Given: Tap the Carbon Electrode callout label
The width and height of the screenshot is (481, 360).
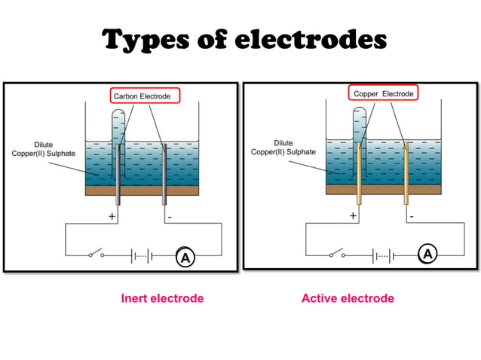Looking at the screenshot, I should (146, 96).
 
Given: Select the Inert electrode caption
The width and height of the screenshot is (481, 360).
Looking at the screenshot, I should (162, 299).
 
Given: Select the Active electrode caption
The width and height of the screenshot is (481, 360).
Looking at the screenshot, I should (348, 299).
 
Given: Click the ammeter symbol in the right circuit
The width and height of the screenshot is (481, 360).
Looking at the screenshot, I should (427, 255).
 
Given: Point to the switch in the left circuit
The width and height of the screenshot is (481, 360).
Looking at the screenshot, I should (97, 254).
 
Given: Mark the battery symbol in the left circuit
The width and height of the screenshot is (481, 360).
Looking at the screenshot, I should (142, 255).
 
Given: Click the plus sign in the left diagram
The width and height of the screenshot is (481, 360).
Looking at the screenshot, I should (112, 216).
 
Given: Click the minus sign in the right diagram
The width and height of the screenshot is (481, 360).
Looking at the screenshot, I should (412, 215).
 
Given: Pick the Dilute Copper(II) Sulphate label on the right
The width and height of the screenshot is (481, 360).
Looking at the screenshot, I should (283, 147).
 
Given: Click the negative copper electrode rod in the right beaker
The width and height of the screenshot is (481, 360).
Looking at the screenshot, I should (406, 173).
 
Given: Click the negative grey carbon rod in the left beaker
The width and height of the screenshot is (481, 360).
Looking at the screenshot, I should (164, 173).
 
